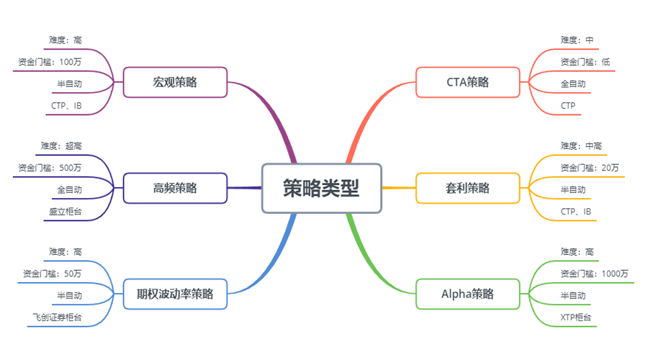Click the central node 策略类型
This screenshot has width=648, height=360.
click(x=321, y=188)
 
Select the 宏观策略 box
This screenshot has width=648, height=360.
click(x=175, y=82)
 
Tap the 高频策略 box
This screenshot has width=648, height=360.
click(x=175, y=189)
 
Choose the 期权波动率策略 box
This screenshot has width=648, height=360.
click(x=175, y=294)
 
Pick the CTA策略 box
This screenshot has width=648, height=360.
click(x=467, y=82)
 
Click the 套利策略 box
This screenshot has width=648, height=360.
click(x=467, y=189)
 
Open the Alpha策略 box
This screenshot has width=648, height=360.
click(x=467, y=294)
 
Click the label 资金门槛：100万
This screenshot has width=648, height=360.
click(x=50, y=62)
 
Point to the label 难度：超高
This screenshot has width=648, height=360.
click(x=61, y=146)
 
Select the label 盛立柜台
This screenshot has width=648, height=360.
click(x=66, y=212)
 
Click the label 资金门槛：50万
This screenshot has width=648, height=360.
click(x=53, y=274)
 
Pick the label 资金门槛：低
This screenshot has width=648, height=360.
click(x=585, y=62)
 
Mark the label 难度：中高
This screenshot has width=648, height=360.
click(x=581, y=146)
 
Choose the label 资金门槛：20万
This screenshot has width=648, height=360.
click(x=590, y=168)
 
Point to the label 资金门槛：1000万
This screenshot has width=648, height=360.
click(x=595, y=274)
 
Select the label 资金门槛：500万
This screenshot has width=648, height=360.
click(x=50, y=168)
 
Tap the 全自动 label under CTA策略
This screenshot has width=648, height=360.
click(x=573, y=84)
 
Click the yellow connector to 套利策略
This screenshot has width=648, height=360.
click(x=398, y=188)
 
